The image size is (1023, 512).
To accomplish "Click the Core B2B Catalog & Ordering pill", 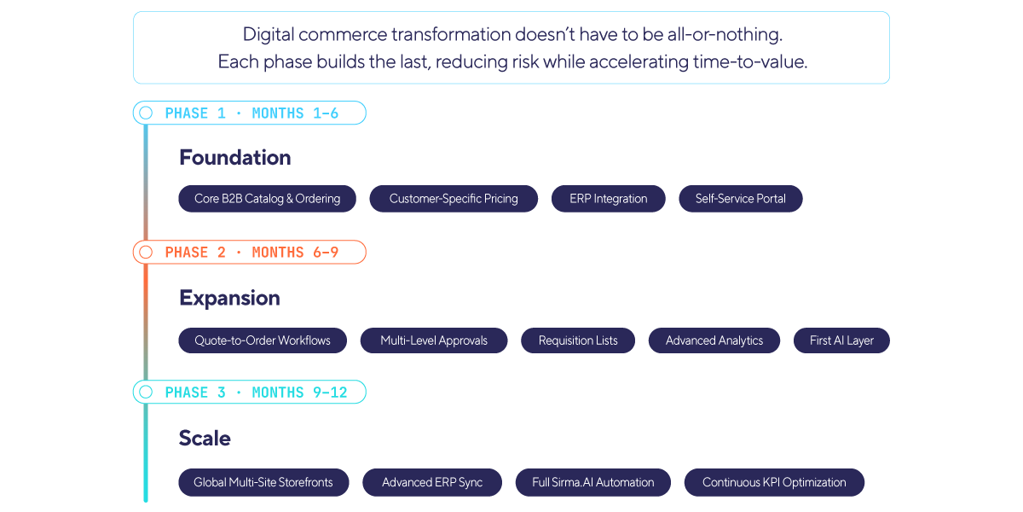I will (x=267, y=199).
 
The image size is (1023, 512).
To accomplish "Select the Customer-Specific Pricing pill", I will (x=454, y=199).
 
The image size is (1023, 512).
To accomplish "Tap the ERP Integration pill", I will (x=609, y=199).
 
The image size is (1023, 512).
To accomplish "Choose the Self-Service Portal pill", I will (x=740, y=199).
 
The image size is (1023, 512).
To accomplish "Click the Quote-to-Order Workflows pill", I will (x=263, y=340).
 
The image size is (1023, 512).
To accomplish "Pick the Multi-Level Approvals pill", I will (x=434, y=340).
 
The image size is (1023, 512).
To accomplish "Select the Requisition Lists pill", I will (x=578, y=340).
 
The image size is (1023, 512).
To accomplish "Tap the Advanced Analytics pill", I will (x=714, y=340).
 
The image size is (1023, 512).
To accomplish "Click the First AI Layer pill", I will (x=841, y=340).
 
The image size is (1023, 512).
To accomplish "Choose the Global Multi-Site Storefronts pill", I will (x=263, y=482).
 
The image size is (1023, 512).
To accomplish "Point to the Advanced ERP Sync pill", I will (x=432, y=482).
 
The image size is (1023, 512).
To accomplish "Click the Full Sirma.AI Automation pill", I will (x=593, y=482).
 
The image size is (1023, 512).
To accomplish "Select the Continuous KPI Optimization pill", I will (x=774, y=482).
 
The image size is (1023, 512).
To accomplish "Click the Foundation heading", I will (x=234, y=157).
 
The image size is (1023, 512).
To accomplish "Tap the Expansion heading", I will (x=229, y=298).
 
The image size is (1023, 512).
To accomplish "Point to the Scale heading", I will (x=205, y=439).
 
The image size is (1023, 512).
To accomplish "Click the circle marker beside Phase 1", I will (x=146, y=113).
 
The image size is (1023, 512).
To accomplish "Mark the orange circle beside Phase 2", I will (x=146, y=252).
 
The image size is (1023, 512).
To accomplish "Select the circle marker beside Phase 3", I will (x=146, y=393).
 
